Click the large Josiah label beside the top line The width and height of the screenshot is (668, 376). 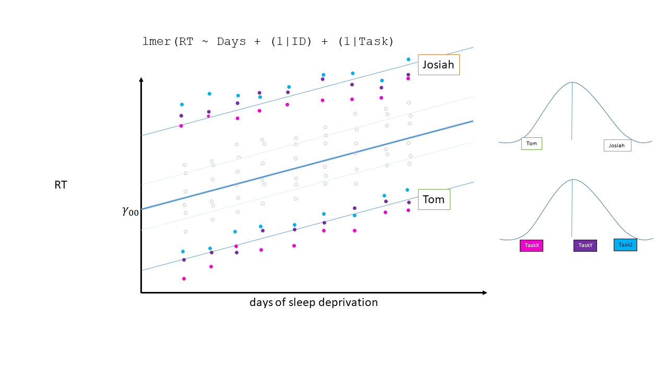[438, 65]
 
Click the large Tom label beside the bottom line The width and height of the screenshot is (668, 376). [434, 199]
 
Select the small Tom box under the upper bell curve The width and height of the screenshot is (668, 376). [531, 144]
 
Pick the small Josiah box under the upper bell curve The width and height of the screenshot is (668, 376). [617, 145]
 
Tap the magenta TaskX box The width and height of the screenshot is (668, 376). [531, 245]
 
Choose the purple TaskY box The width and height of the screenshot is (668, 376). [585, 245]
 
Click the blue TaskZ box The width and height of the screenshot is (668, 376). [625, 244]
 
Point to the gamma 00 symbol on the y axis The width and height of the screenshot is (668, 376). [130, 211]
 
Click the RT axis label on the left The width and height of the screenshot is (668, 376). [61, 185]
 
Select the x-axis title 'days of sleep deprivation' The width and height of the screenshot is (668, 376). [313, 302]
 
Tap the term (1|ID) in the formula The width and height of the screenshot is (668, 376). [291, 42]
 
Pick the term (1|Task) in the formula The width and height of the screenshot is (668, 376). [365, 42]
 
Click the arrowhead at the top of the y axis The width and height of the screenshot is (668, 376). [141, 79]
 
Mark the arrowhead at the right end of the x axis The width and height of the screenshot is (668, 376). [485, 292]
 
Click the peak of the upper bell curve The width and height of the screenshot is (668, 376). [572, 83]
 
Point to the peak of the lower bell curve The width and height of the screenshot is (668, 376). [572, 180]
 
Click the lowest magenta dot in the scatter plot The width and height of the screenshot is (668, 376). [184, 278]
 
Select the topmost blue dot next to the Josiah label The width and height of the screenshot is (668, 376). [408, 60]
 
